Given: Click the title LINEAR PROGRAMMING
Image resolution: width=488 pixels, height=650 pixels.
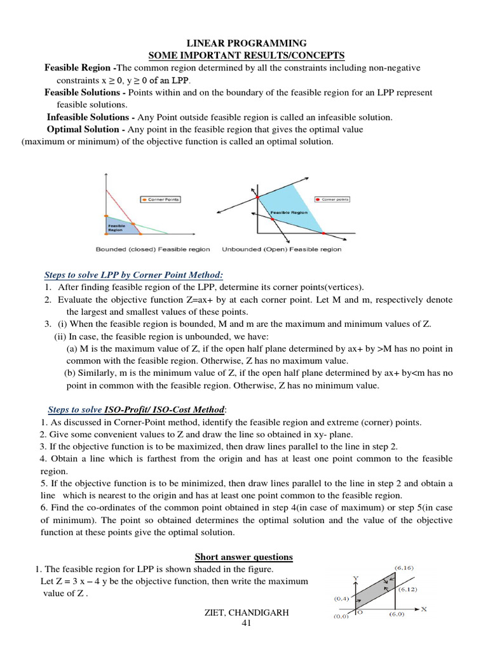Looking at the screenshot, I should click(245, 43).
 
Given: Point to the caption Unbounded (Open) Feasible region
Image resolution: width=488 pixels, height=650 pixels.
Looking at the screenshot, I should click(281, 249).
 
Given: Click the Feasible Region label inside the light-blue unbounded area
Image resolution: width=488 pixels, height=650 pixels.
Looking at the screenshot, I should click(289, 213).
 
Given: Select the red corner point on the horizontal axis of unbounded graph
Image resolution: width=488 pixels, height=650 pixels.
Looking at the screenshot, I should click(323, 234).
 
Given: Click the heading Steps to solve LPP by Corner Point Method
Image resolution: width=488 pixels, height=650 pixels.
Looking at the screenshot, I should click(133, 275).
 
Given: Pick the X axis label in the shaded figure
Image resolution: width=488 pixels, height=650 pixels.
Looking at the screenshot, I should click(423, 609).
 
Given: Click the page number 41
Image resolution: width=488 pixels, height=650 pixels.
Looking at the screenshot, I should click(247, 625).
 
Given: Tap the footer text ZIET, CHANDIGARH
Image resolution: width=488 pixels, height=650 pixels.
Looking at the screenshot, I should click(247, 614).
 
